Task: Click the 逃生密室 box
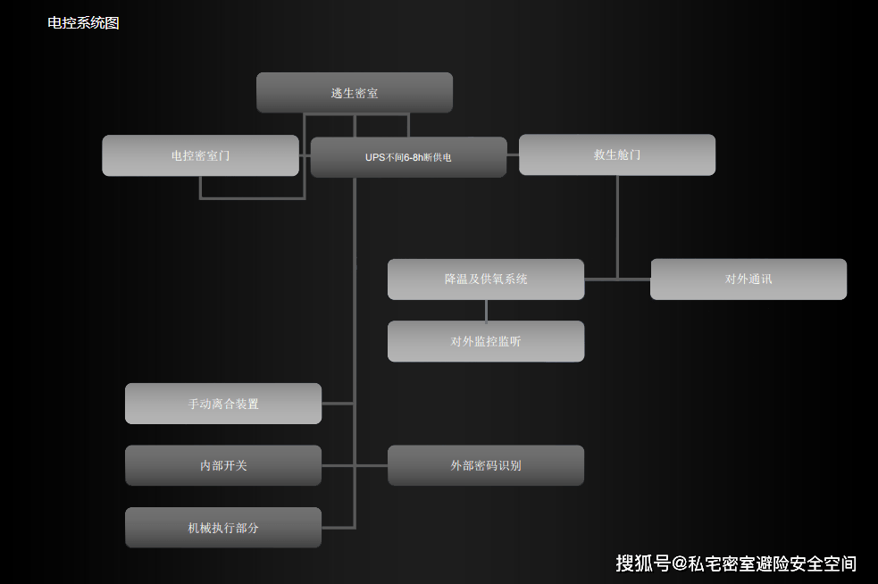tap(355, 92)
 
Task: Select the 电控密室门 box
tap(200, 155)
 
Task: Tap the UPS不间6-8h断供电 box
tap(409, 157)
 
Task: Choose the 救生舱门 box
tap(617, 154)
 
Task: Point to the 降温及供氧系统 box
tap(486, 279)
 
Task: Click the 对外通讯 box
tap(748, 279)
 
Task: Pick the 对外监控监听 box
tap(486, 341)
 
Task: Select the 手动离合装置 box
tap(223, 404)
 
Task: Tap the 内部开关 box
tap(223, 465)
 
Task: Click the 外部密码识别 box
tap(486, 465)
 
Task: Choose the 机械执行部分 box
tap(223, 528)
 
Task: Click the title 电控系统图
tap(83, 23)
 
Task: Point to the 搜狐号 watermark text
tap(643, 563)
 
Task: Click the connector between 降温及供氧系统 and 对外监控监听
tap(486, 311)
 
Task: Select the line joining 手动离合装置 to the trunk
tap(338, 403)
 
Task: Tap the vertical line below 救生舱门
tap(617, 227)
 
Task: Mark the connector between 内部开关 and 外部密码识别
tap(355, 465)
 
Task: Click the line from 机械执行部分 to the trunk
tap(339, 528)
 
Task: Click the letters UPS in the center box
tap(375, 157)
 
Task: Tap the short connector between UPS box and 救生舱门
tap(513, 155)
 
